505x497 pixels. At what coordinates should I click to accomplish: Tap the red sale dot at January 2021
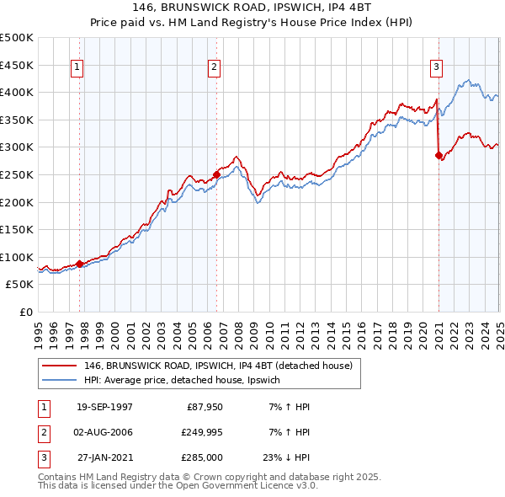coord(439,155)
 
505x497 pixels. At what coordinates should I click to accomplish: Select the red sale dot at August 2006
coord(216,174)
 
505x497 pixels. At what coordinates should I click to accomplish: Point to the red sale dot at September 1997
coord(80,264)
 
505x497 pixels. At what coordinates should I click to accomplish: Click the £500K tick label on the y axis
coord(17,38)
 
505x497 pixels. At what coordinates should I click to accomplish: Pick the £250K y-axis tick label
coord(17,174)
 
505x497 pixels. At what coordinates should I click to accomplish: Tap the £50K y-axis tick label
coord(20,285)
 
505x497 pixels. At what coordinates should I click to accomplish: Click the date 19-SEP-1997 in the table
coord(104,407)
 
